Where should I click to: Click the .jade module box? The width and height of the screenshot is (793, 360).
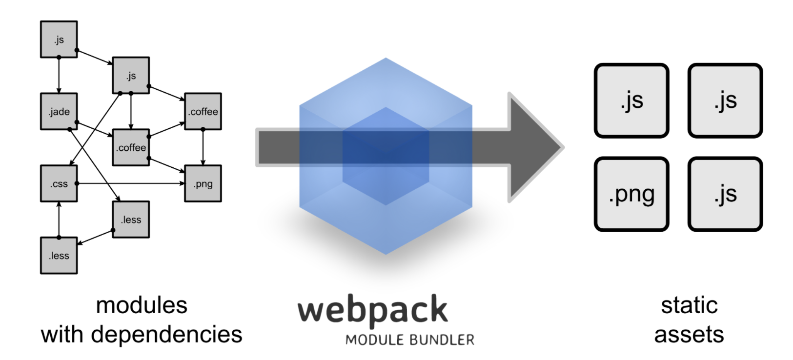(x=59, y=112)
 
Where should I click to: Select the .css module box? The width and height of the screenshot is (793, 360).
(x=59, y=183)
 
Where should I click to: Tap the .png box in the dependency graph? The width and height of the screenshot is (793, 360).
(x=203, y=183)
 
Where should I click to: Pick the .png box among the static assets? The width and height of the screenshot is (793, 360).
(x=631, y=194)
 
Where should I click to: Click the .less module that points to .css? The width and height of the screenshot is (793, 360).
(x=59, y=256)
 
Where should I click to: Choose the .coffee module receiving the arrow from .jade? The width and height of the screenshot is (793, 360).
(x=131, y=147)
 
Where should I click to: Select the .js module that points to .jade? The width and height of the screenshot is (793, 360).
(x=59, y=40)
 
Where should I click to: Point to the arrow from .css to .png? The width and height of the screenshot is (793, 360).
(x=131, y=183)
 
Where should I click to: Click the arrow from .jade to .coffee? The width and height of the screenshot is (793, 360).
(x=94, y=129)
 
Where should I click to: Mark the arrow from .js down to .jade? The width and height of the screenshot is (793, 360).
(x=59, y=75)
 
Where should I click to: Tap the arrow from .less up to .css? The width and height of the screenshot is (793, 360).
(x=59, y=220)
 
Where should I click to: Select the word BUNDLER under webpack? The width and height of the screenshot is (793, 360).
(x=442, y=340)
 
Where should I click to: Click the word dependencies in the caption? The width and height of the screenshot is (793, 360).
(x=166, y=335)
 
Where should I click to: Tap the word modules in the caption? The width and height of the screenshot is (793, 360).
(x=142, y=305)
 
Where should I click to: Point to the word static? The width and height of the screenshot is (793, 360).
(x=689, y=305)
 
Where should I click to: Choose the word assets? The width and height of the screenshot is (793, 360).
(x=689, y=335)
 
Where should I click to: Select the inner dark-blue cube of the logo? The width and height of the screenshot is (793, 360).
(x=386, y=156)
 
